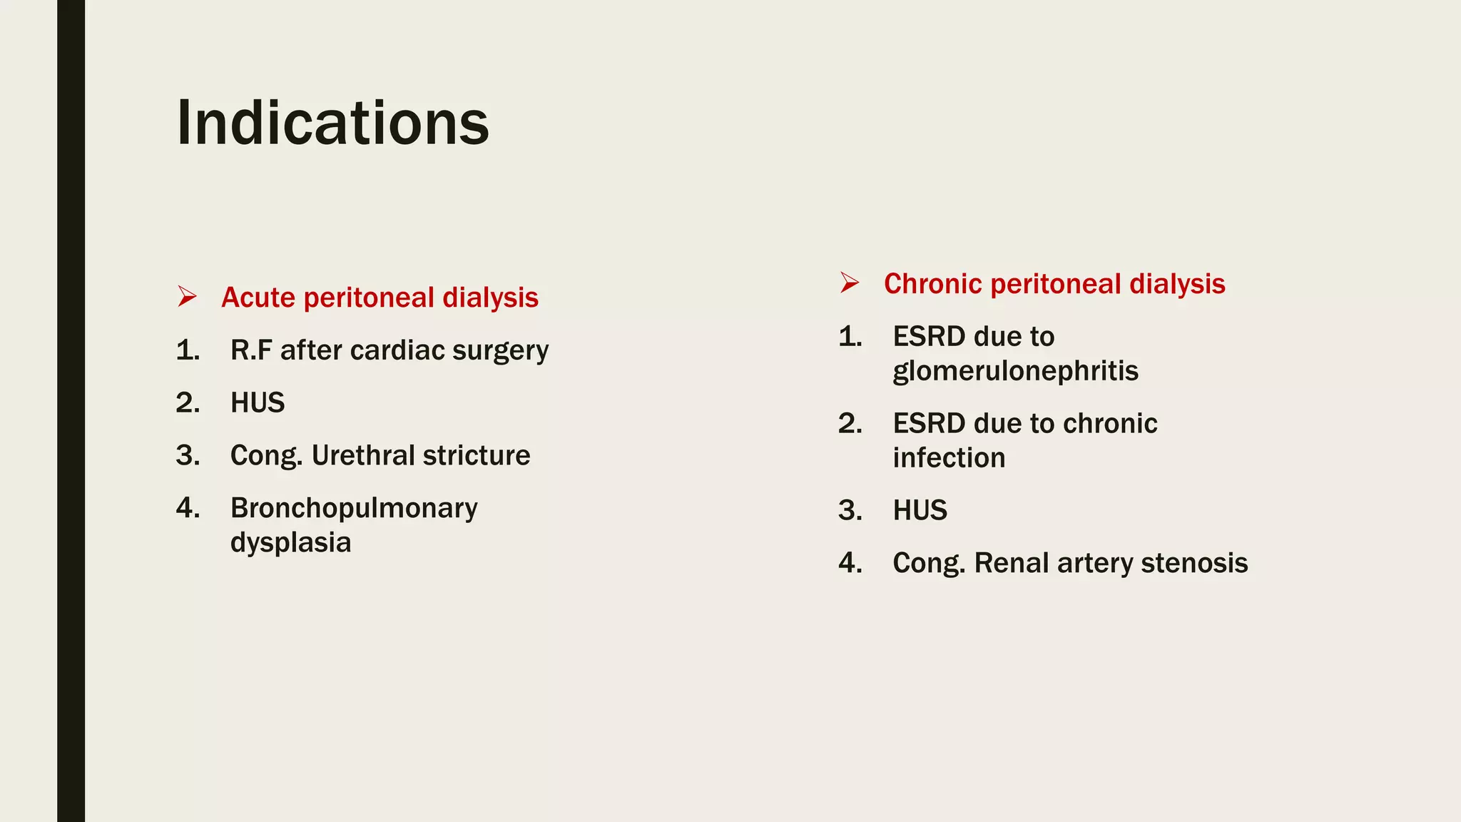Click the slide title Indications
coord(332,123)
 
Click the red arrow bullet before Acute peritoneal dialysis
coord(188,296)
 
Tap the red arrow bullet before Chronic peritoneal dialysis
coord(850,283)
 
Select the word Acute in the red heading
coord(258,298)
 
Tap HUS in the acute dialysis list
coord(258,403)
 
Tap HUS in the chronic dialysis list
coord(920,511)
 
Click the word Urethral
coord(362,456)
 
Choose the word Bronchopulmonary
coord(354,509)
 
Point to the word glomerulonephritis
coord(1015,372)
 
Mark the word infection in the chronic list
coord(949,458)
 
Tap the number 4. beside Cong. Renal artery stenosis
coord(850,563)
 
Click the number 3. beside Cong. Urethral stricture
coord(188,456)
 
